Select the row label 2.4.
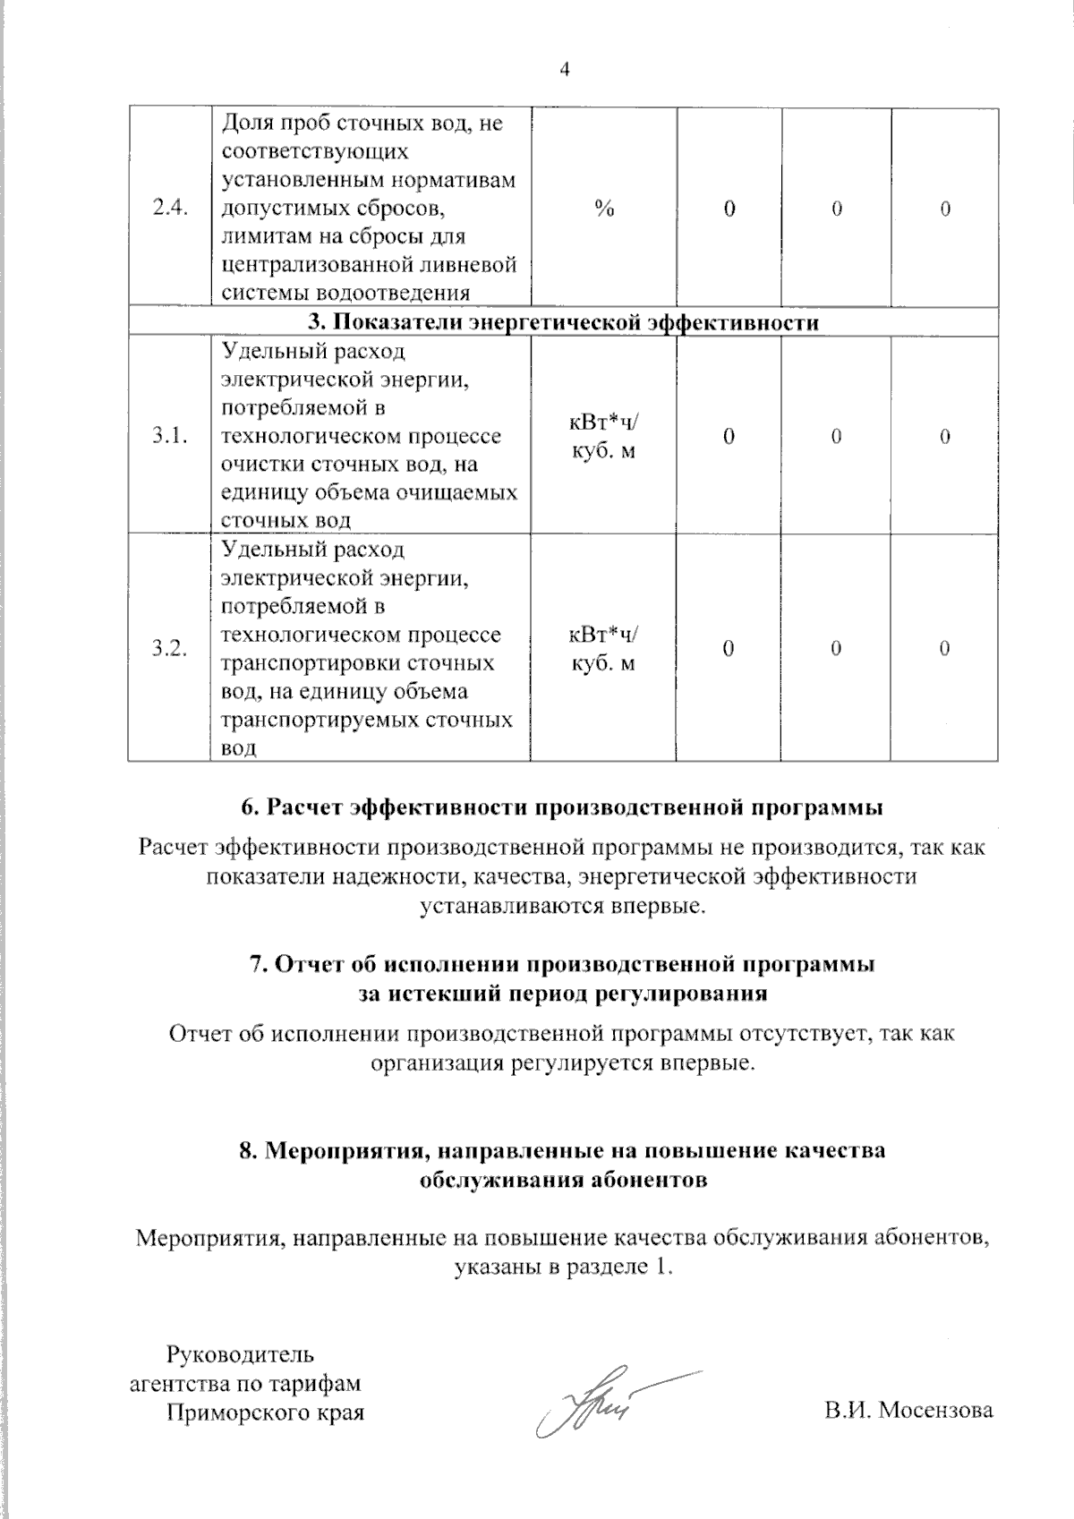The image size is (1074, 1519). point(169,209)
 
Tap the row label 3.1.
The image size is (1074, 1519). point(169,436)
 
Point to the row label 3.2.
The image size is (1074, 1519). point(169,649)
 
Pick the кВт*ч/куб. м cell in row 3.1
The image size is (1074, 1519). point(604,436)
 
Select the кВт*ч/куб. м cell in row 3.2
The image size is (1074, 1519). point(604,649)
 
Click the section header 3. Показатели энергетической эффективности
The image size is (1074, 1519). point(563,322)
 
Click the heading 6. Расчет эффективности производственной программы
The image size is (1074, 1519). point(563,806)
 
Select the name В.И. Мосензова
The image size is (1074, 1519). point(909,1411)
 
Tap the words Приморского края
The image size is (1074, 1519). point(266,1412)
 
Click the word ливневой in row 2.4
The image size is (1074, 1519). point(474,266)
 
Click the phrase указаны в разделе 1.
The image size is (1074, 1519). point(563,1267)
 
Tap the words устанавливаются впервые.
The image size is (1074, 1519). point(563,905)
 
